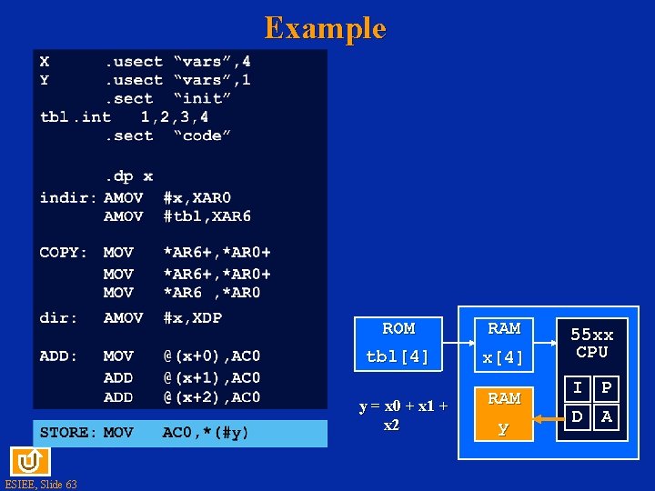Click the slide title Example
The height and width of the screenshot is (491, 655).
(325, 28)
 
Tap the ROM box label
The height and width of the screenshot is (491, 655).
(398, 328)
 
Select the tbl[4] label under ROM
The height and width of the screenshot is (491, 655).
(398, 356)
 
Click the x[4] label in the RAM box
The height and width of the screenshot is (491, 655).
(504, 357)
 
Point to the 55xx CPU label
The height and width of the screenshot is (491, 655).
(591, 344)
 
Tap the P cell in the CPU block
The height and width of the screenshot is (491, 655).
(606, 389)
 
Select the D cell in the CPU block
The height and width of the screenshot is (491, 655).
(578, 417)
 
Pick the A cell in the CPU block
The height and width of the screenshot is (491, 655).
(606, 417)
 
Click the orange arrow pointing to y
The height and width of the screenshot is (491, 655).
(549, 419)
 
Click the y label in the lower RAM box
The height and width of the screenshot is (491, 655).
(503, 427)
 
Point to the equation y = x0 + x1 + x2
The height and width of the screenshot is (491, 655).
(403, 416)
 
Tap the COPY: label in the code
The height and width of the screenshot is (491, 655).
(64, 253)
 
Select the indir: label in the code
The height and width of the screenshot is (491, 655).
(68, 197)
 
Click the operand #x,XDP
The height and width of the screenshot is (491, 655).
(192, 317)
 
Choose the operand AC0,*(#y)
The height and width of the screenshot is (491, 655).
(206, 433)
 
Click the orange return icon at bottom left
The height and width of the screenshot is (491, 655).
(25, 460)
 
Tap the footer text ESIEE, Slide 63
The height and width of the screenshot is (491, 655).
(41, 484)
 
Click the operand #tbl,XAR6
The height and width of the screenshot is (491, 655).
(207, 216)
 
